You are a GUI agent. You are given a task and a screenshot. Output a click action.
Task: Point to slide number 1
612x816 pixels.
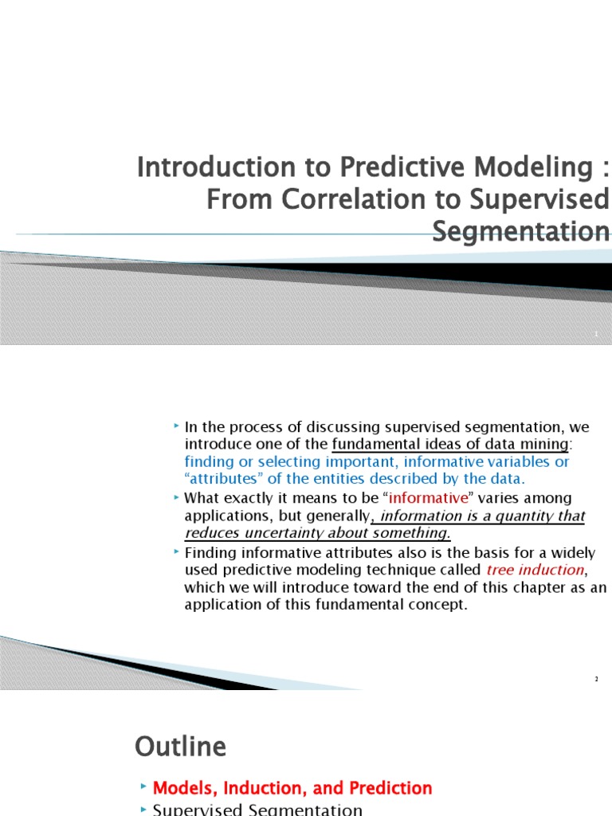(x=595, y=335)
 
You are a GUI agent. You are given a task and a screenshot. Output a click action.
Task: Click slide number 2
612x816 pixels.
(x=595, y=679)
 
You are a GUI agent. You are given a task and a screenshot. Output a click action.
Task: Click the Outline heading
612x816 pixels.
(x=180, y=747)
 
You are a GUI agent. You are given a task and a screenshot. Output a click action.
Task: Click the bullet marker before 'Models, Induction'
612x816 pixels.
(x=143, y=787)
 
